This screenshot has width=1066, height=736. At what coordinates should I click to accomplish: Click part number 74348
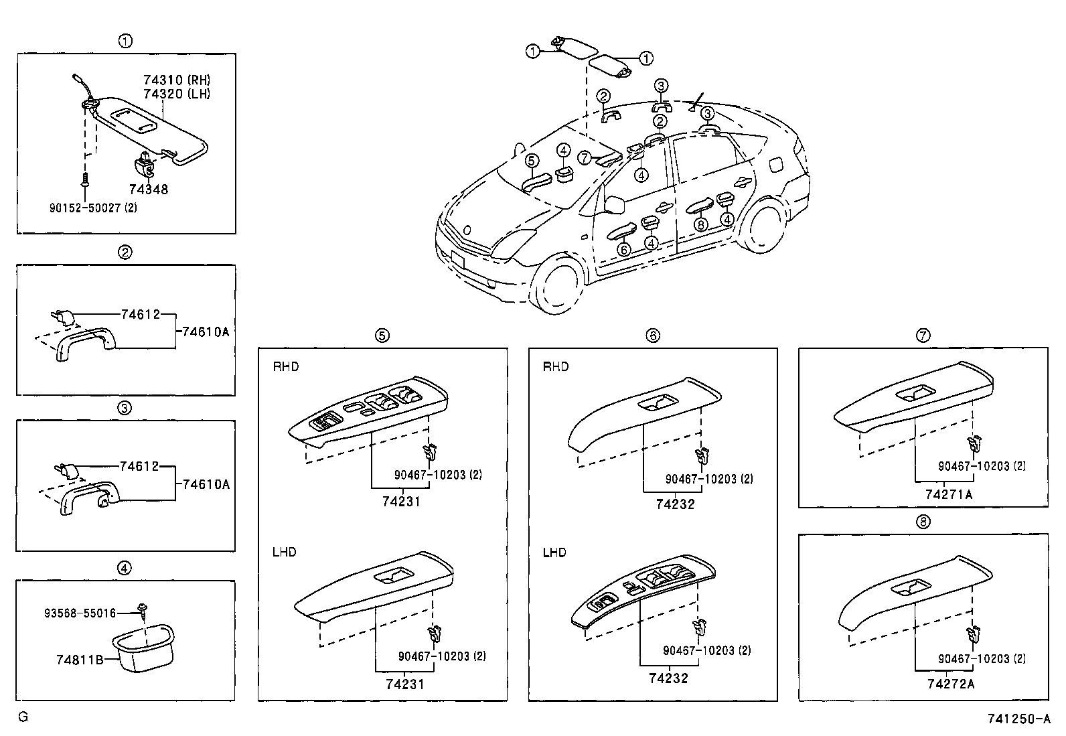click(149, 190)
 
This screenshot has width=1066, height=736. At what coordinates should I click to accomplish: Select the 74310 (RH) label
click(177, 80)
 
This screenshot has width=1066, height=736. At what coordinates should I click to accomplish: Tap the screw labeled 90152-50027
click(85, 180)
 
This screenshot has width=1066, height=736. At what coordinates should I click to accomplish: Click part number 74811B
click(80, 660)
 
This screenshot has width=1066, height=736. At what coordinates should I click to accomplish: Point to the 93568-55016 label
click(80, 613)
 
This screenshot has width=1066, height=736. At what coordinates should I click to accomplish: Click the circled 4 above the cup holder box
click(124, 568)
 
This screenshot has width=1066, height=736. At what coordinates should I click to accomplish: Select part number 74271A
click(948, 495)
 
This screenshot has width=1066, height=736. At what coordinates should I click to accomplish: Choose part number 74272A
click(950, 684)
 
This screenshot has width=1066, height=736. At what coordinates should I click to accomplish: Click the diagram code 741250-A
click(1018, 719)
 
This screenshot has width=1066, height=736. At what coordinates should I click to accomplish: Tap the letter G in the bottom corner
click(23, 717)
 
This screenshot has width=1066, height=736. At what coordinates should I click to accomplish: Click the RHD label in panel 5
click(285, 366)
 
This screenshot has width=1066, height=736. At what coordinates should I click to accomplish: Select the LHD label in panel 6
click(554, 553)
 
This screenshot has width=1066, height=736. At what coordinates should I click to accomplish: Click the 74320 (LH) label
click(177, 94)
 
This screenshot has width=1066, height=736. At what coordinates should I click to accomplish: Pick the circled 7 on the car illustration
click(585, 157)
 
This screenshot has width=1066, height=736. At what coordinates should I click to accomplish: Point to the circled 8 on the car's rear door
click(700, 224)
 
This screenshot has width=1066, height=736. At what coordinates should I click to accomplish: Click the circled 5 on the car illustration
click(532, 161)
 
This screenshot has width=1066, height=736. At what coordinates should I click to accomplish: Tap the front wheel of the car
click(558, 284)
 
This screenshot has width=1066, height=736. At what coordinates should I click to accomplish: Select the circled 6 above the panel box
click(652, 336)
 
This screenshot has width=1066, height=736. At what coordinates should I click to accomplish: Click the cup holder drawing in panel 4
click(143, 648)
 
